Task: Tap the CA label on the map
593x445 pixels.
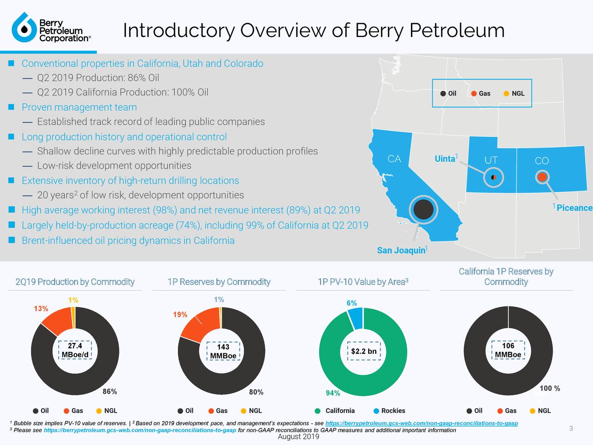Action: click(394, 159)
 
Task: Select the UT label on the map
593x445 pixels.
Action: click(491, 160)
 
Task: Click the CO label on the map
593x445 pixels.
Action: click(542, 161)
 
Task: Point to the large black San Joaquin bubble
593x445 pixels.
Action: click(423, 209)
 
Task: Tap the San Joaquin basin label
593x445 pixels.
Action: click(401, 250)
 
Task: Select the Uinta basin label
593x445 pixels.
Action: click(445, 159)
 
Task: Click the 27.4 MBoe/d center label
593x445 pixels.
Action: click(75, 351)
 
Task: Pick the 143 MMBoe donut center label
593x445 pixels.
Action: click(223, 351)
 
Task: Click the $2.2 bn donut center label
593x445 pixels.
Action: click(364, 351)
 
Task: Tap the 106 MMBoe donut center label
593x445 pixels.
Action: click(508, 350)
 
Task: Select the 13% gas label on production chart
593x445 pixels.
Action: click(41, 309)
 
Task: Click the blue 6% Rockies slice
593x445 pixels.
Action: click(356, 318)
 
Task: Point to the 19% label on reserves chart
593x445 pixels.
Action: click(180, 315)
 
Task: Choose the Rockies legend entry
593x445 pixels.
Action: click(392, 411)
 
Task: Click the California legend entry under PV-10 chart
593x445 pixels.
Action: click(340, 411)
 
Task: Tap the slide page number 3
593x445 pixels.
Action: click(571, 428)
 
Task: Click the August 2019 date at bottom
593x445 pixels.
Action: click(298, 437)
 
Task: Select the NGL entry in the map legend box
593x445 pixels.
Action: click(517, 93)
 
